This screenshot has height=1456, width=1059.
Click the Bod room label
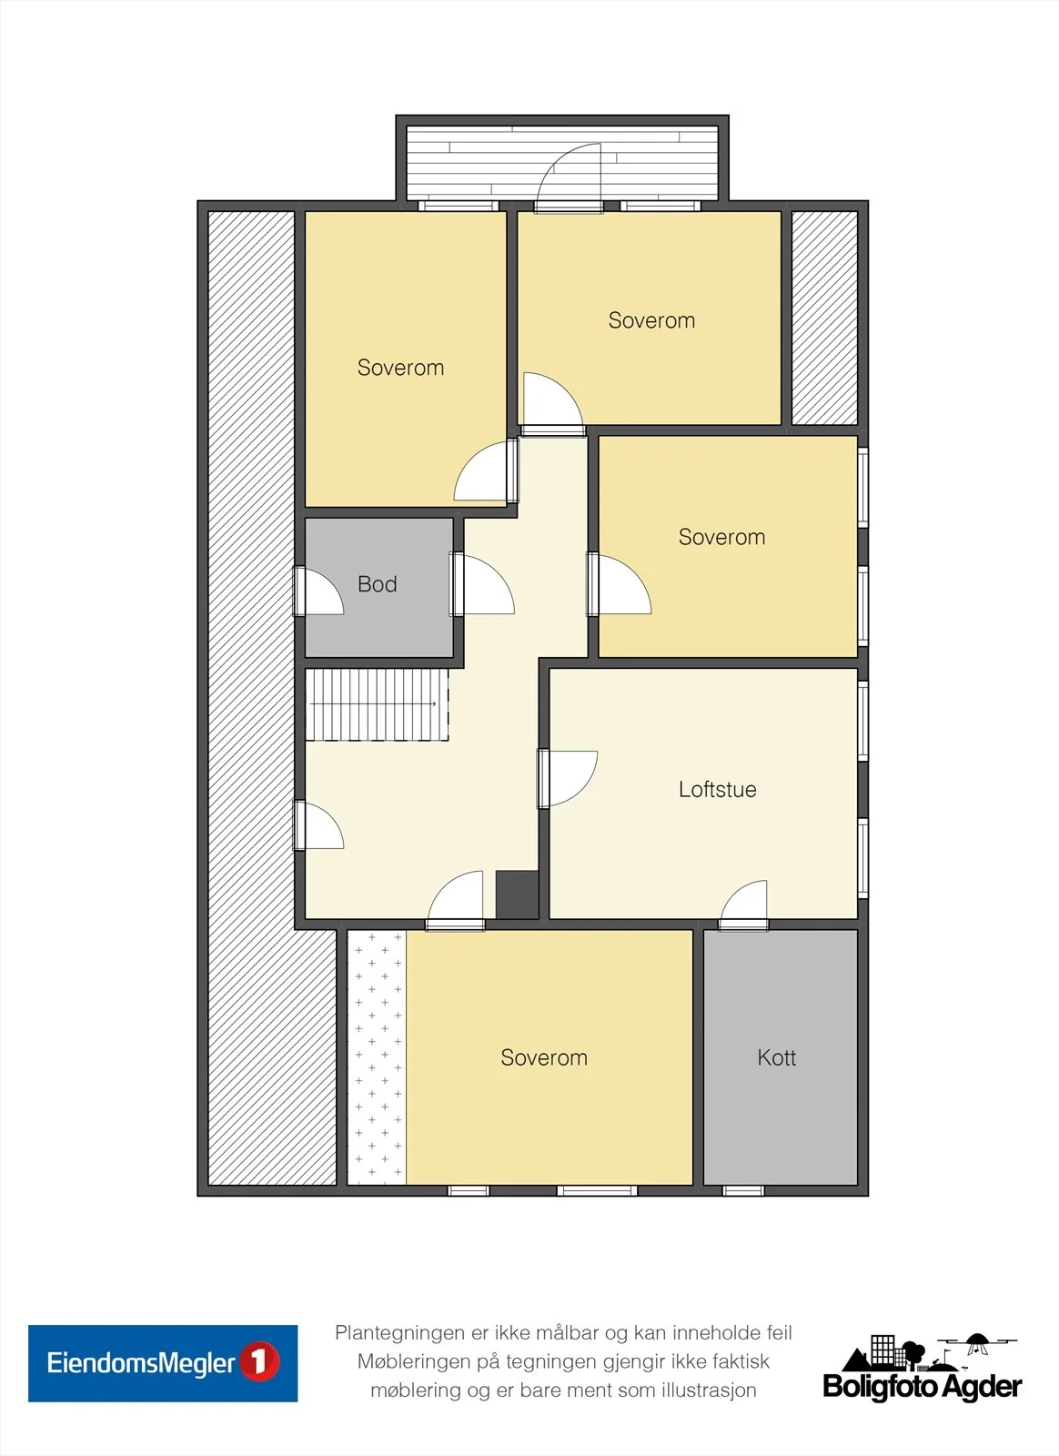(377, 583)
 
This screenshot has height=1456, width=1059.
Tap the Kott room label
(776, 1057)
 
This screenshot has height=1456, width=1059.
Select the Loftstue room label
(717, 789)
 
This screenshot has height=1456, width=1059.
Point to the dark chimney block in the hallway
(517, 895)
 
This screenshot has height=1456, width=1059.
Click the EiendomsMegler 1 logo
(163, 1363)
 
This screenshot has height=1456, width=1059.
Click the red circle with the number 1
(260, 1362)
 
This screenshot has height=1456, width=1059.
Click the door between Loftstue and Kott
(744, 906)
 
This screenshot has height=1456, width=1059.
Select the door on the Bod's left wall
(318, 591)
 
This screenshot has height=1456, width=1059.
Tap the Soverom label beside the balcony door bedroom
(651, 320)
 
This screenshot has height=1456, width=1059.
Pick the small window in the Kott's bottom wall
(743, 1190)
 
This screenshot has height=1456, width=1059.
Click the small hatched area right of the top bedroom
(824, 318)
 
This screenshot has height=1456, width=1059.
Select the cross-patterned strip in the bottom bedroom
(377, 1057)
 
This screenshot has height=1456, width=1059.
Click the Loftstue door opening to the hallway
(567, 779)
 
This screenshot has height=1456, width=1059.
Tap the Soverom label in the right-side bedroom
(721, 537)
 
